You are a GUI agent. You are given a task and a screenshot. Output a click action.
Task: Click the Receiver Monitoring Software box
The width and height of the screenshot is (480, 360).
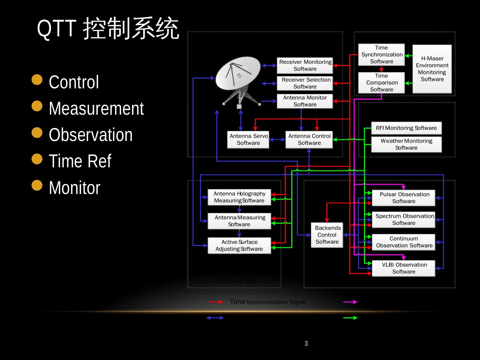[x=305, y=66]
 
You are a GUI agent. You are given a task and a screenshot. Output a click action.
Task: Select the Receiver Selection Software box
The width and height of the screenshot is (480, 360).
[x=305, y=83]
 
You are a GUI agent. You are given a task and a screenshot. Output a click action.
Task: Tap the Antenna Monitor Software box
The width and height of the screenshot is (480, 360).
[x=305, y=101]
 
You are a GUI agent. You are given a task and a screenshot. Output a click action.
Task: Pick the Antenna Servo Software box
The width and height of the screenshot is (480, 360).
[x=248, y=140]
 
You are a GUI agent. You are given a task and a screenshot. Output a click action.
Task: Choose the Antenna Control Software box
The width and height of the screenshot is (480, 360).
[x=309, y=140]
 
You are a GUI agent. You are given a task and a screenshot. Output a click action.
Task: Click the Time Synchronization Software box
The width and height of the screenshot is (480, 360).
[x=382, y=55]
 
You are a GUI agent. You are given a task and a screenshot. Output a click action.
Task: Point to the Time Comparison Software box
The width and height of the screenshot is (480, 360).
[x=382, y=83]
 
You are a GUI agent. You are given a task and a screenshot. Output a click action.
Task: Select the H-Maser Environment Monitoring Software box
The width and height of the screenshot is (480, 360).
[x=432, y=69]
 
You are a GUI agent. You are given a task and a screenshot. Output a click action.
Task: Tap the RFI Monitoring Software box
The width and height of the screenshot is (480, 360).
[x=406, y=128]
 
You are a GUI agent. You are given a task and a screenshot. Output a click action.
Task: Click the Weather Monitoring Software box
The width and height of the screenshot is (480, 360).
[x=406, y=144]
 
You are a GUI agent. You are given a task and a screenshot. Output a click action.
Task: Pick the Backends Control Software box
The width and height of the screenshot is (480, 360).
[x=327, y=235]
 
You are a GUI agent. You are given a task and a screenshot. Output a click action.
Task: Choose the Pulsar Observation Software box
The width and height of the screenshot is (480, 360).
[x=404, y=198]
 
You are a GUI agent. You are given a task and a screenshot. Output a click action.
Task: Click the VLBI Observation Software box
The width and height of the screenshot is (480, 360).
[x=404, y=268]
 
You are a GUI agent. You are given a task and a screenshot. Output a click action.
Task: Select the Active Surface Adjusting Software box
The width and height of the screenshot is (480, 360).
[x=239, y=246]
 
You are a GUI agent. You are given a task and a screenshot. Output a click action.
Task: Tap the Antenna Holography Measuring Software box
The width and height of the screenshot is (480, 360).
[x=239, y=197]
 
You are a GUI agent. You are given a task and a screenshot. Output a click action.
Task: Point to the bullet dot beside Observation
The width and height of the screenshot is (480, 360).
[x=37, y=133]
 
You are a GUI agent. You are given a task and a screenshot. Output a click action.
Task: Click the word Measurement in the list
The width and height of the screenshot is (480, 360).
[x=96, y=109]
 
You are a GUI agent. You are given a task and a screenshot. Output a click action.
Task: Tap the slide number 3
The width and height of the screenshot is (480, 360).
[x=306, y=344]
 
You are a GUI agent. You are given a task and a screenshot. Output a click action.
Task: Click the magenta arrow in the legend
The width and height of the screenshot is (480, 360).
[x=350, y=302]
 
